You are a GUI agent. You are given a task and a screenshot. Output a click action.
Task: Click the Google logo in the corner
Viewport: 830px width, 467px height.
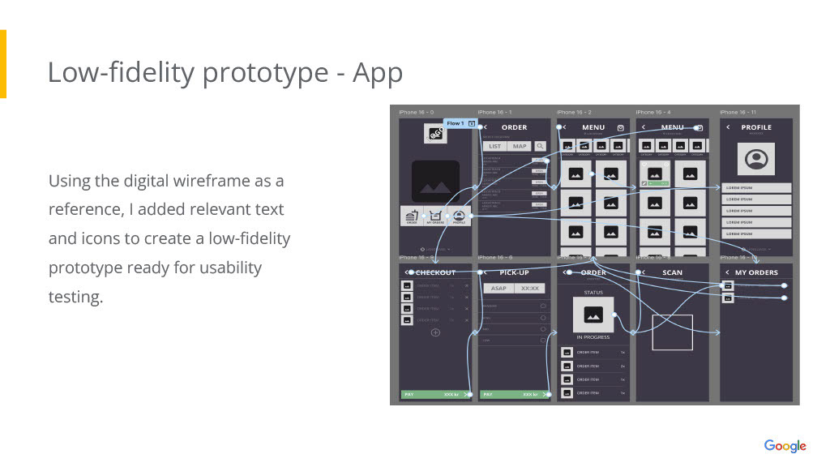click(x=785, y=446)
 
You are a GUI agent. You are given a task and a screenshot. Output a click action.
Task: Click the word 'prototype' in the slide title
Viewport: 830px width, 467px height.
click(x=265, y=73)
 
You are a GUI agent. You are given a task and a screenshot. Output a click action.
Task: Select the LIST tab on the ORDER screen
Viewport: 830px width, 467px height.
click(x=494, y=147)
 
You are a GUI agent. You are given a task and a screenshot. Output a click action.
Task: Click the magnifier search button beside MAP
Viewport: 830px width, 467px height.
click(x=540, y=147)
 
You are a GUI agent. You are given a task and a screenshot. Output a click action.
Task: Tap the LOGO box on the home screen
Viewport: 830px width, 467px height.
click(x=435, y=134)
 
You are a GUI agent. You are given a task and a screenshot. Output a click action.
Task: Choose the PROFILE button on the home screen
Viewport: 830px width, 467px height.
click(x=459, y=216)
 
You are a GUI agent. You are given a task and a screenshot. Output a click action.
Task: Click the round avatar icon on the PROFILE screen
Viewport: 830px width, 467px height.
click(x=755, y=159)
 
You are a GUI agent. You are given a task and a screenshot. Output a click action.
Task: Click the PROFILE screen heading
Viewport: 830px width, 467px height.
click(x=756, y=127)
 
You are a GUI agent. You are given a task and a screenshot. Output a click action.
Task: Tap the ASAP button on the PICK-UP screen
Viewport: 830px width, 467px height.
click(x=498, y=289)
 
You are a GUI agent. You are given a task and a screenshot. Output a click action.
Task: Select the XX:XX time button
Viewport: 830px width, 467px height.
click(x=530, y=289)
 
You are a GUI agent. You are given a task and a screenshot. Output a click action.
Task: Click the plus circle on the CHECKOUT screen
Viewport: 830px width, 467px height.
click(x=435, y=332)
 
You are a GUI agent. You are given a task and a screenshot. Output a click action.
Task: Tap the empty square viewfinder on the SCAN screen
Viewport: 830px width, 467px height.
click(x=673, y=332)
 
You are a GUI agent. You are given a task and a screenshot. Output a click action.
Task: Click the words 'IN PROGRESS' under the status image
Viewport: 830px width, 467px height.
click(x=593, y=337)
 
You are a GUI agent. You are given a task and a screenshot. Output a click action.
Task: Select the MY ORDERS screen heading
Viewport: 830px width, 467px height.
click(x=756, y=272)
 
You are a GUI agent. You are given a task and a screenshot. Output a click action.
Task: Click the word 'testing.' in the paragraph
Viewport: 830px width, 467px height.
click(x=76, y=298)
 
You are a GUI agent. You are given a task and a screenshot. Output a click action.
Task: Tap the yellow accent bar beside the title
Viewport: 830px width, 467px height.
click(x=3, y=64)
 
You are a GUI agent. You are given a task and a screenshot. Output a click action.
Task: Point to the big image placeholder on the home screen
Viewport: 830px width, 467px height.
click(x=435, y=181)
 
